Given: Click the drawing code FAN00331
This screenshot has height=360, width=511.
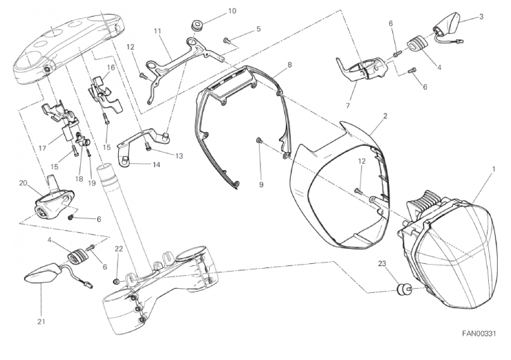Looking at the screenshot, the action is [x=479, y=333].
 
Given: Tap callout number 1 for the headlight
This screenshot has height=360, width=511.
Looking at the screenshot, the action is [x=494, y=169].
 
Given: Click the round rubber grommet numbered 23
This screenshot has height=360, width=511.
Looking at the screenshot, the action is [x=404, y=289].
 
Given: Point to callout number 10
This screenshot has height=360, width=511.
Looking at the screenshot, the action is [x=232, y=11].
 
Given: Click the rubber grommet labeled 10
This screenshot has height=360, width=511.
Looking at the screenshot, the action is [x=197, y=25].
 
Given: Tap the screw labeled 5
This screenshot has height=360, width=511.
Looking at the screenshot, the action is [x=226, y=41].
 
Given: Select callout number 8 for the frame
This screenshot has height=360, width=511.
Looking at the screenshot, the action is [x=289, y=65].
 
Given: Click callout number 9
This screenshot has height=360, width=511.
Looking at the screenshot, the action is [x=261, y=184].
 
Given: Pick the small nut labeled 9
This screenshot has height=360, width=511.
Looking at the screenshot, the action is [x=258, y=140].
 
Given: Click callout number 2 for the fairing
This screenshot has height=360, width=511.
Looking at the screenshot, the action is [x=385, y=116].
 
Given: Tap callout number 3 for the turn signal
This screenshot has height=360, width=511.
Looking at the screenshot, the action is [x=481, y=17].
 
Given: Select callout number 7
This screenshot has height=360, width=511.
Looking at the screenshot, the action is [x=348, y=106].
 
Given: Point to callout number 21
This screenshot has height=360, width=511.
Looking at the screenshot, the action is [x=41, y=321].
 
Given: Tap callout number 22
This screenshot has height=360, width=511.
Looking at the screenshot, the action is [x=119, y=249].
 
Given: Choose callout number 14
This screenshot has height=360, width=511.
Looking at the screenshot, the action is [x=157, y=164].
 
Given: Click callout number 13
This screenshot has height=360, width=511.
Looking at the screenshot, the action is [x=180, y=156].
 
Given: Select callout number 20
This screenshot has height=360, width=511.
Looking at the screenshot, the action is [x=23, y=183].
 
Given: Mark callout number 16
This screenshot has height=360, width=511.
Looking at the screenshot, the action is [x=111, y=68].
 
